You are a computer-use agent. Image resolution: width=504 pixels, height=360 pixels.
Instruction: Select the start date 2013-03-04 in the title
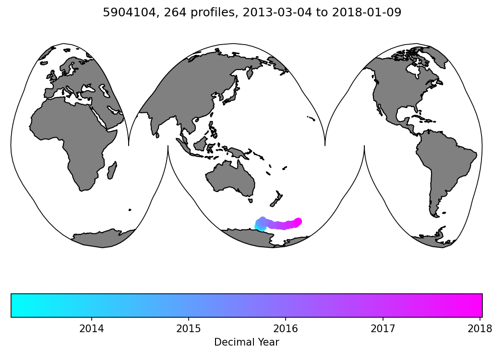(x=268, y=13)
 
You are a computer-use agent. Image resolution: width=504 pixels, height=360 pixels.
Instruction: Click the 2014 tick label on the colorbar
(x=91, y=329)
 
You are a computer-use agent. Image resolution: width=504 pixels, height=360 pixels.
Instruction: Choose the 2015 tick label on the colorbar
(x=188, y=329)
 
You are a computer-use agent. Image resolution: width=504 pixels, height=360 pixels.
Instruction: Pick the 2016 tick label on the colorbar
(x=286, y=329)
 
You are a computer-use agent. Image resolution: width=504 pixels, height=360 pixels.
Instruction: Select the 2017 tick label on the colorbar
(x=383, y=329)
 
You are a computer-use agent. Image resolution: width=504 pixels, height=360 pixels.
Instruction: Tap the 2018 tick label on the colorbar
(x=480, y=329)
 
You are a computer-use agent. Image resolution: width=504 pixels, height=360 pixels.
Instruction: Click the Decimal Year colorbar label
(x=246, y=342)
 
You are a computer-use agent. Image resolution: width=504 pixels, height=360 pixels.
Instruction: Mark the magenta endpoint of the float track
(x=298, y=221)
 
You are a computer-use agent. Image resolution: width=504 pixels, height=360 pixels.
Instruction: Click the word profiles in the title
(x=204, y=13)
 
